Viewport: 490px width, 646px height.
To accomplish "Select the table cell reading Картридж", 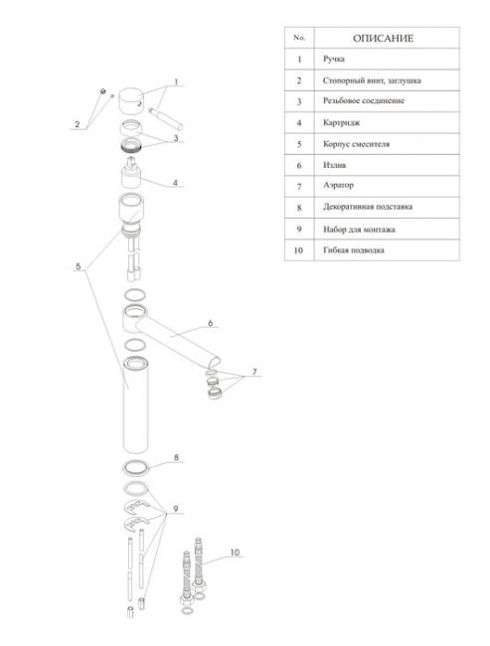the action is click(387, 123).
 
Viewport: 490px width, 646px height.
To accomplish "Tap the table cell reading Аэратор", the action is click(387, 186).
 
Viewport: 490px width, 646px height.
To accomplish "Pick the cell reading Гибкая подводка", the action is click(387, 250).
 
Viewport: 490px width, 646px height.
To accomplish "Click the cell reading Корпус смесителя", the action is click(387, 144).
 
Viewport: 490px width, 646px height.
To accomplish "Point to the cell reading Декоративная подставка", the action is click(387, 208).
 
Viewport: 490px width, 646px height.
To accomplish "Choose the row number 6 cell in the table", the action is click(299, 165).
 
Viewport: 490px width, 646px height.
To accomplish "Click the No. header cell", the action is click(299, 38).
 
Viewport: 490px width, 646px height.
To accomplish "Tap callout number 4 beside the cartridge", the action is click(175, 183).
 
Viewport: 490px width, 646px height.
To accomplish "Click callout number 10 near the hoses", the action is click(235, 552).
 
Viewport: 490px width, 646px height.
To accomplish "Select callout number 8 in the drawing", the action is click(176, 457).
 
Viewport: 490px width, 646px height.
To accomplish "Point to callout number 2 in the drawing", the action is click(78, 124).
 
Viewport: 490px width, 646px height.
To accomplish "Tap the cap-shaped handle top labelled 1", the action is click(131, 100).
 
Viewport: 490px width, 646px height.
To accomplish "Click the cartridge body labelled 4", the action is click(131, 173).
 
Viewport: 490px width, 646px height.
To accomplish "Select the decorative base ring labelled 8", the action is click(135, 467).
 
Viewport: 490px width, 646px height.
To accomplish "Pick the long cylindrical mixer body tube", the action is click(135, 404).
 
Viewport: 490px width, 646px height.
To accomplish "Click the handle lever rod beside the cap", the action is click(166, 118).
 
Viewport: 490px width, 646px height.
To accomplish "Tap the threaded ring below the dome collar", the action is click(132, 145).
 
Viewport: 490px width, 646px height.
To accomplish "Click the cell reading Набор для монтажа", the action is click(387, 229).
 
